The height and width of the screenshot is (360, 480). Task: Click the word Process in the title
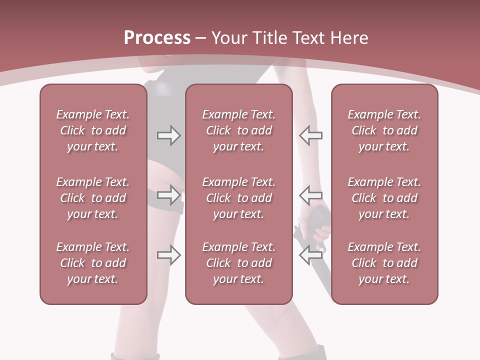(x=157, y=38)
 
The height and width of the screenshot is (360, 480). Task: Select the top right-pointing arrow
(x=168, y=135)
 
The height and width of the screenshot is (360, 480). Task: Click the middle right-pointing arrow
(x=168, y=194)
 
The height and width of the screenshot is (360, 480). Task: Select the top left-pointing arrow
(x=310, y=135)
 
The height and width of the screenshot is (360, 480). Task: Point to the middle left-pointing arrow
(x=310, y=194)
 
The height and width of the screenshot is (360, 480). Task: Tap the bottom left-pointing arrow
(x=310, y=255)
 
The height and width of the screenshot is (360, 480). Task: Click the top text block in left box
(x=93, y=130)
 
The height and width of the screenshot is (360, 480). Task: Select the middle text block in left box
(x=93, y=198)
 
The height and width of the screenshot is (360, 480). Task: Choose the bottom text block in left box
(x=93, y=263)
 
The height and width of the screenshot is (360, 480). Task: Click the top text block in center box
(x=238, y=130)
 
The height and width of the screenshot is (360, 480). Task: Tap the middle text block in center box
(x=238, y=198)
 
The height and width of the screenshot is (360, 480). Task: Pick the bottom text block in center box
(x=238, y=263)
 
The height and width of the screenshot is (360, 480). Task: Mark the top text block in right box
(x=384, y=130)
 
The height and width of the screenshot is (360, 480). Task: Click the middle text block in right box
(x=384, y=198)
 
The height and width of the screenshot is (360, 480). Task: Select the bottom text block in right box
(x=384, y=263)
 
